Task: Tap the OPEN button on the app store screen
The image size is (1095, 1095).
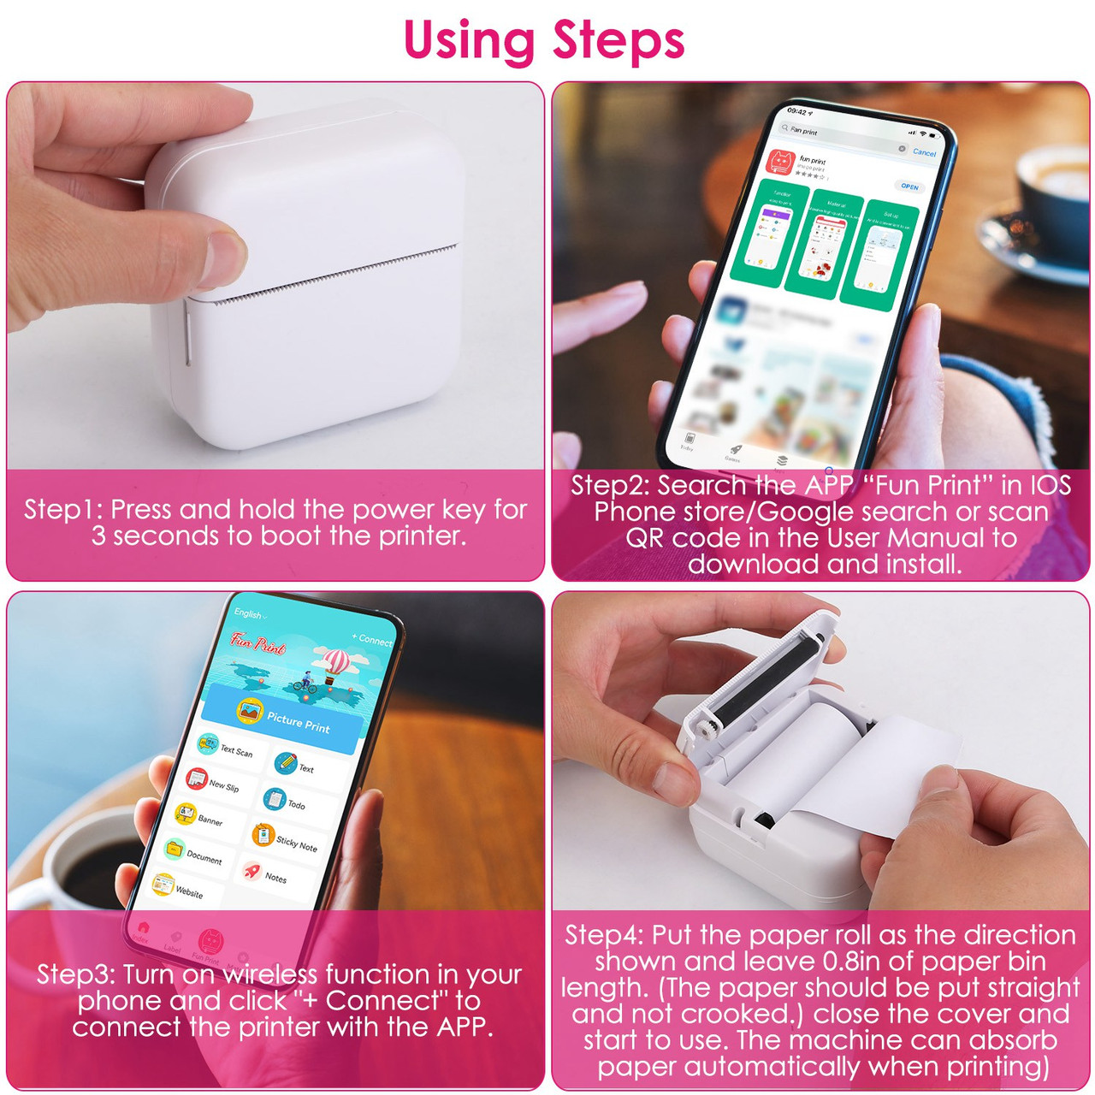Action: [x=909, y=186]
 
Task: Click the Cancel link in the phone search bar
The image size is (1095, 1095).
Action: [x=924, y=152]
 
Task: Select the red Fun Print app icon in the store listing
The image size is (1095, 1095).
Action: [x=780, y=162]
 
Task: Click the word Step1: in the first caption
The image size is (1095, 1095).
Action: [x=63, y=510]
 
